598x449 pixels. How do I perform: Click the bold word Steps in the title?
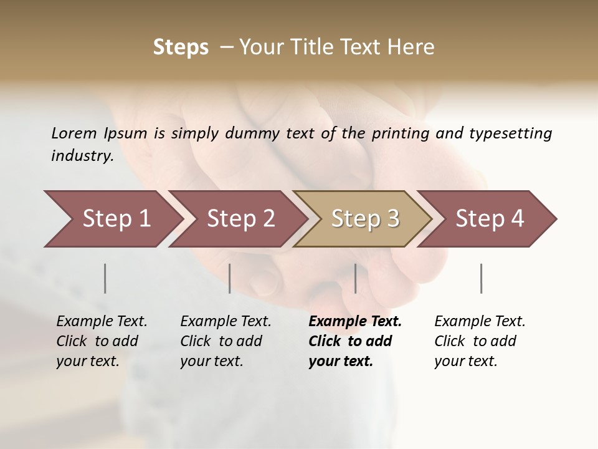181,47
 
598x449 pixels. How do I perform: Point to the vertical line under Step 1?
105,278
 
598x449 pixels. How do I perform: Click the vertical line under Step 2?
230,278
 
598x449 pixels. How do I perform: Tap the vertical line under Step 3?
356,278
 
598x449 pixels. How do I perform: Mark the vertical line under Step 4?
482,278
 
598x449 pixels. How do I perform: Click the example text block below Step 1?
101,341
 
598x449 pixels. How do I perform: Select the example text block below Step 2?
225,341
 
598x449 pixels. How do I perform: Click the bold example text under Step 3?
354,341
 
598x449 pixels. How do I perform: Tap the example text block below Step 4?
479,341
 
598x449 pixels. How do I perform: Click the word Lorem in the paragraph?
74,133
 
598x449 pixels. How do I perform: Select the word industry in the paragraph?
82,156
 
